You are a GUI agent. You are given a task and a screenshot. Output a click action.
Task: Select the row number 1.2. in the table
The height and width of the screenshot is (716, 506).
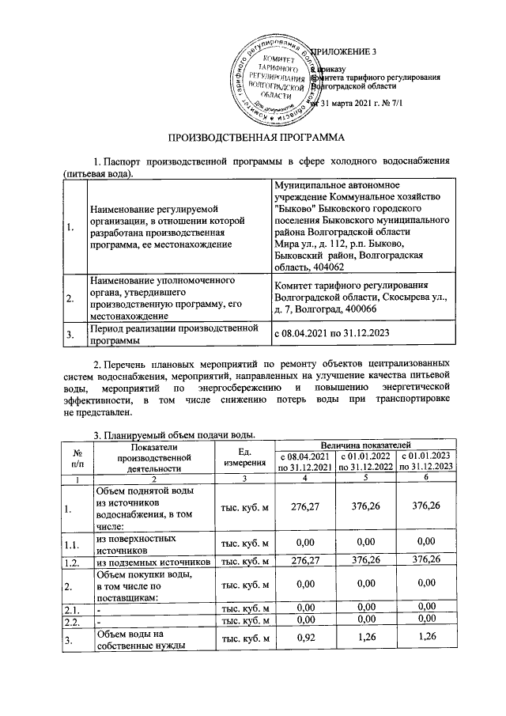pyautogui.click(x=74, y=563)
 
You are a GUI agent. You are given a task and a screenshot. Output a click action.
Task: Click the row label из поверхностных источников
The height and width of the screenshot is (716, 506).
pyautogui.click(x=133, y=544)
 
